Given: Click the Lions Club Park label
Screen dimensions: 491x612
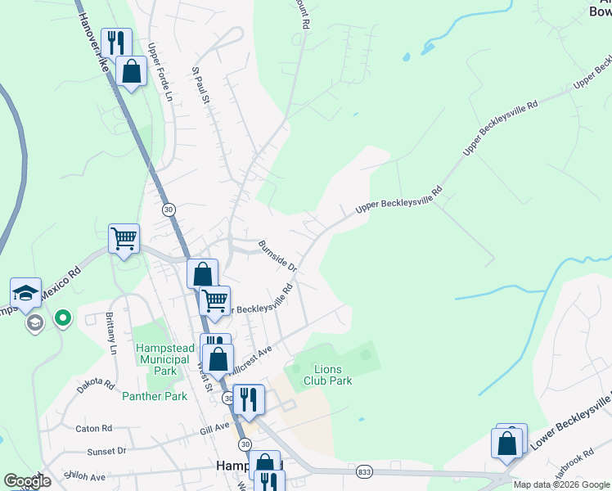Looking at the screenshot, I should (327, 375).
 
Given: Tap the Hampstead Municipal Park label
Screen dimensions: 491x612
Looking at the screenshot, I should (166, 359).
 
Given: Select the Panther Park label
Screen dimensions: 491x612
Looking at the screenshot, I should (155, 396).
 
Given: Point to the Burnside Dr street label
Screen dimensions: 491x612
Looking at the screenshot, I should (277, 256).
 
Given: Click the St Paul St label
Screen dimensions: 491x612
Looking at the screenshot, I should (201, 87).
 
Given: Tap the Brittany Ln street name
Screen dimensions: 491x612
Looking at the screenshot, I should (111, 332).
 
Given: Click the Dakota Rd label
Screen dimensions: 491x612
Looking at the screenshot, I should (97, 383).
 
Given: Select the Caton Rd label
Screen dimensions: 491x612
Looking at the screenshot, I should (92, 428).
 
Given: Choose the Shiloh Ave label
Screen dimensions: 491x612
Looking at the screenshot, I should (87, 477).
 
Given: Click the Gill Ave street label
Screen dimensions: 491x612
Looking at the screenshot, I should (212, 428).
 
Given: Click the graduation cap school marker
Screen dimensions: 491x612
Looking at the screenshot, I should (25, 293).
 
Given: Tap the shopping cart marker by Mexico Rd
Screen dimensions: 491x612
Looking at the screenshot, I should (124, 239).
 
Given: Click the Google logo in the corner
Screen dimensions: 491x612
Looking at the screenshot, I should (26, 481).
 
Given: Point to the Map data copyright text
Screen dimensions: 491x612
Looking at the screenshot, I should (560, 484).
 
